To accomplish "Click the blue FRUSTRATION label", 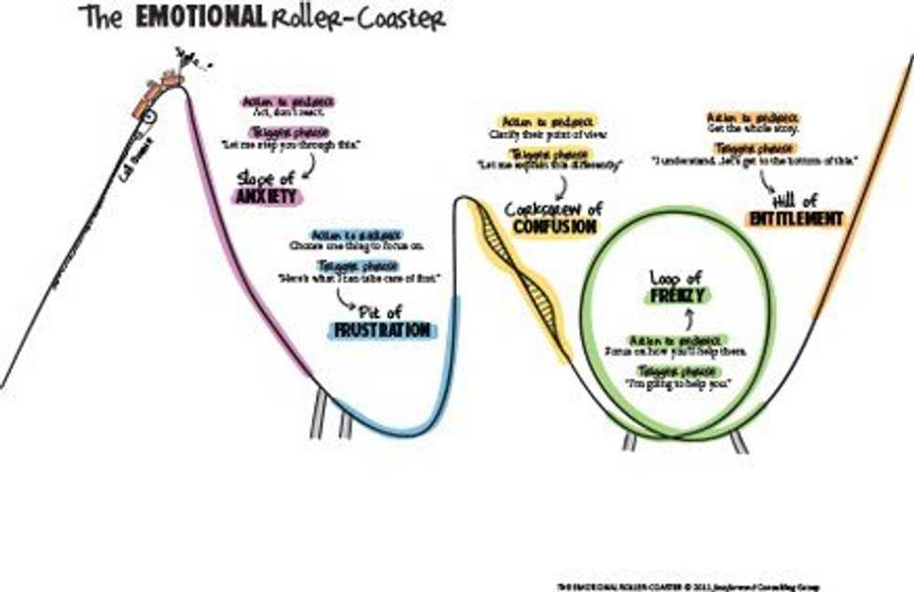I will tap(382, 331).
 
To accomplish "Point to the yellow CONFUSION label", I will tap(553, 227).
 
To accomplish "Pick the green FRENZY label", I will tap(679, 296).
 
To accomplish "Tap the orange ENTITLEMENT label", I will tap(796, 219).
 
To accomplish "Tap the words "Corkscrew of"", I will tap(553, 209).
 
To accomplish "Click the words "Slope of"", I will tap(267, 177).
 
